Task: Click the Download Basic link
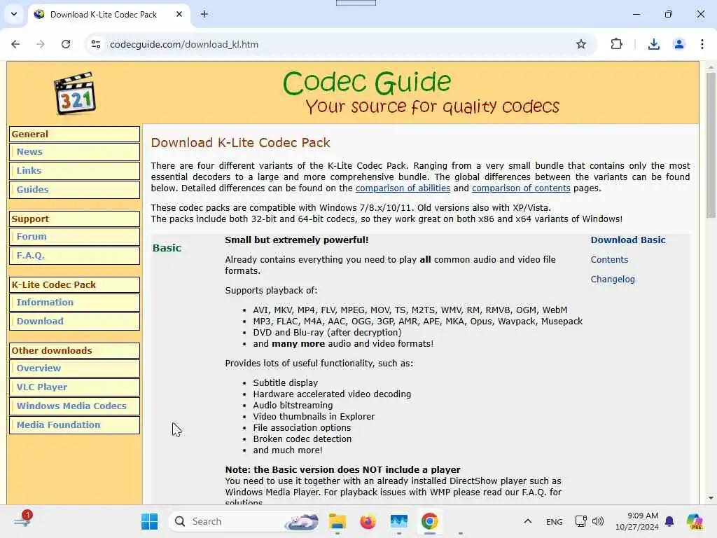[627, 240]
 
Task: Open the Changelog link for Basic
[612, 279]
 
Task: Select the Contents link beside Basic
[609, 259]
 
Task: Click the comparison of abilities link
[403, 188]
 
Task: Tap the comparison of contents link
[521, 188]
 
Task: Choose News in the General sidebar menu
[29, 151]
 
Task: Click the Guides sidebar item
[32, 189]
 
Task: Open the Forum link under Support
[32, 236]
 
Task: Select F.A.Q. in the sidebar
[30, 255]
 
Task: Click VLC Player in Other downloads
[42, 387]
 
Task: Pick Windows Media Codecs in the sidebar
[71, 406]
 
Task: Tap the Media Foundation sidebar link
[58, 425]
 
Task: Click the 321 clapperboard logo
[75, 93]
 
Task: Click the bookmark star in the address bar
[580, 44]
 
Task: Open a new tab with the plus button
[204, 14]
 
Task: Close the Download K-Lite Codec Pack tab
[179, 14]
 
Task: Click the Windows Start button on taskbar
[149, 521]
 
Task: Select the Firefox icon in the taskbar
[368, 521]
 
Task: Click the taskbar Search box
[231, 521]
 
